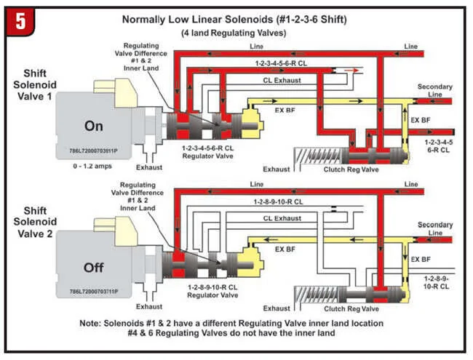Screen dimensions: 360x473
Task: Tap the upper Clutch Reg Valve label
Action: click(x=350, y=169)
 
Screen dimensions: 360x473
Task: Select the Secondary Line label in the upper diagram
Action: click(x=434, y=91)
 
